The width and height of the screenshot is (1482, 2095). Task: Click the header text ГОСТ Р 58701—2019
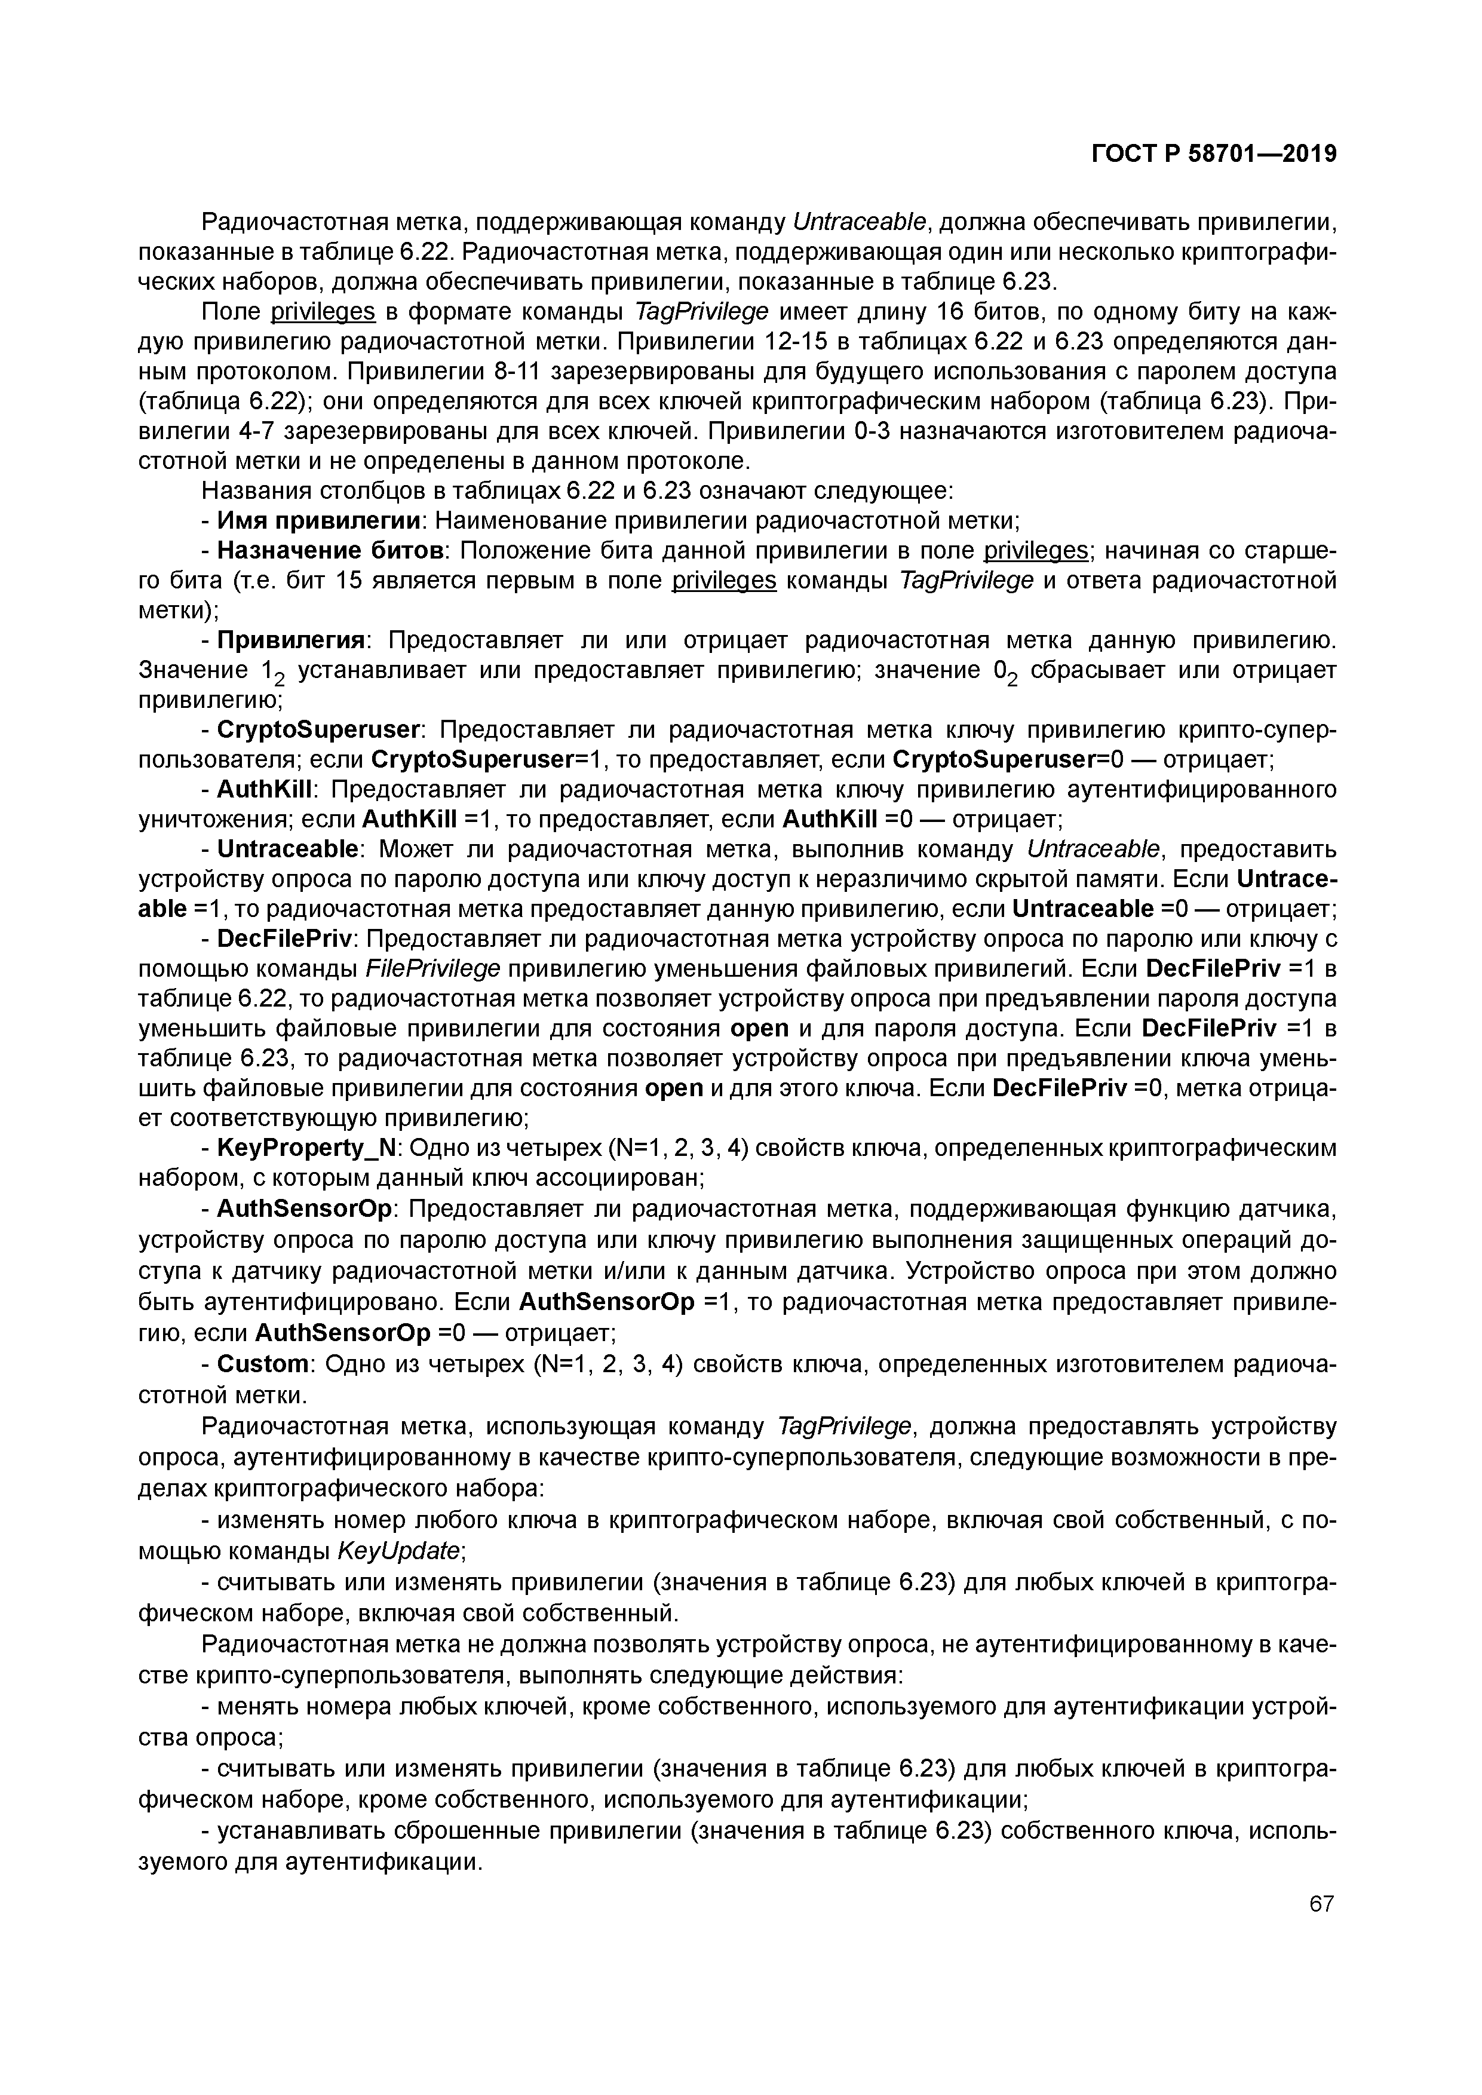(x=1214, y=154)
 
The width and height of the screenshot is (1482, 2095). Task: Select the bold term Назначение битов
(x=330, y=551)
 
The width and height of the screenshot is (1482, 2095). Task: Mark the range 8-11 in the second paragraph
(x=518, y=372)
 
